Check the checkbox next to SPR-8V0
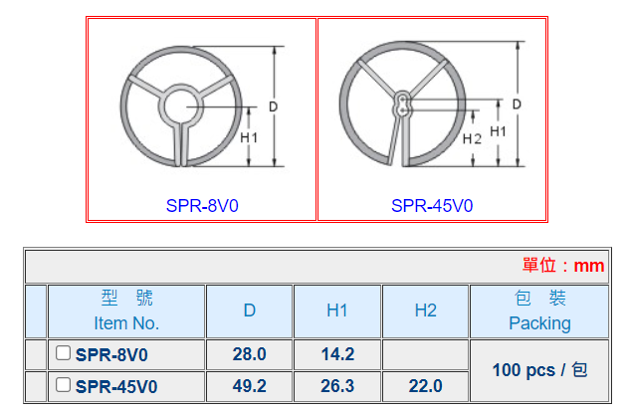(x=63, y=353)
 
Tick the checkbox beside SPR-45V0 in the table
(x=63, y=385)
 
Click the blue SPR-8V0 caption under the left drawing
(x=202, y=206)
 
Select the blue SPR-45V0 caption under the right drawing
(x=432, y=206)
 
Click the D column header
(x=250, y=310)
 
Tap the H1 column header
(x=337, y=310)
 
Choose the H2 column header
(x=426, y=310)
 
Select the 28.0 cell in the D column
(x=249, y=354)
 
